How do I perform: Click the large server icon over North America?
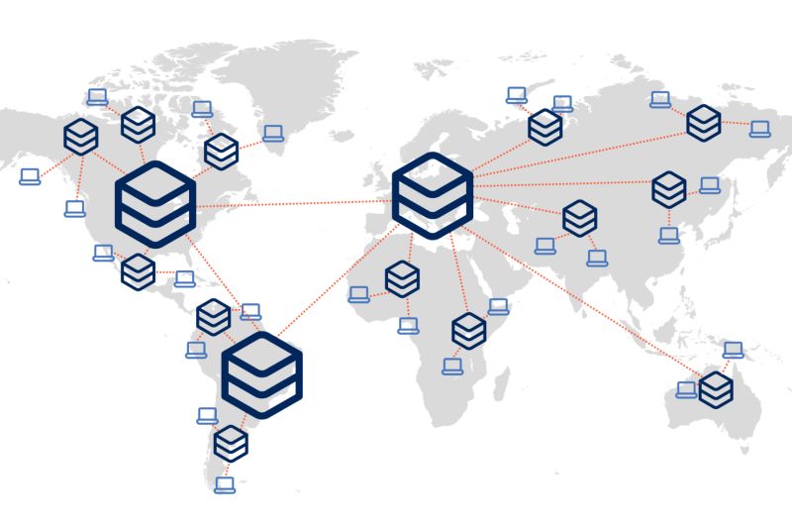coord(155,206)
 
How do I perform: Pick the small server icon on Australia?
coord(716,389)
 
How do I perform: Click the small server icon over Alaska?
coord(80,136)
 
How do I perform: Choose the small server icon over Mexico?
coord(138,271)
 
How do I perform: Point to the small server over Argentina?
coord(231,442)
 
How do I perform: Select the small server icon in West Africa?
coord(402,279)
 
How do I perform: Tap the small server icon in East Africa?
coord(468,331)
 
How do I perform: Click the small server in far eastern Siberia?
coord(704,122)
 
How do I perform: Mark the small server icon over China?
coord(669,188)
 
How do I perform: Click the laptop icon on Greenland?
coord(273,134)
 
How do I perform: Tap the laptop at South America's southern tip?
coord(226,484)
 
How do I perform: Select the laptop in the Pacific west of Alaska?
coord(31,176)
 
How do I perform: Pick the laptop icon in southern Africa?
coord(452,367)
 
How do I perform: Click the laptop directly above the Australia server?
coord(733,350)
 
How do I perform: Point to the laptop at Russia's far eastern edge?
coord(759,129)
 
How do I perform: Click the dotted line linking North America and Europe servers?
coord(297,204)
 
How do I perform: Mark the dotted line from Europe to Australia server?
coord(584,297)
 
